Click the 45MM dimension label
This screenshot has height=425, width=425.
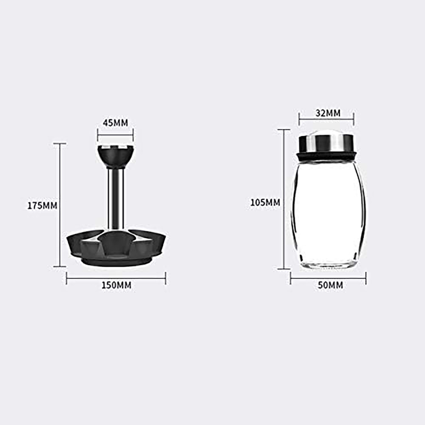pyautogui.click(x=115, y=123)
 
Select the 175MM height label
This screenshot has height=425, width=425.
pyautogui.click(x=42, y=205)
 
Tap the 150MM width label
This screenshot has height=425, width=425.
pyautogui.click(x=116, y=285)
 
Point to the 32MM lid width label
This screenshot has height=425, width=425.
pyautogui.click(x=328, y=113)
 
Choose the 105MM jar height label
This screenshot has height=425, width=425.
pyautogui.click(x=265, y=203)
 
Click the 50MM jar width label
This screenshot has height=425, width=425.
pyautogui.click(x=330, y=285)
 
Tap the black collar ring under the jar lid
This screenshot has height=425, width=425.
pyautogui.click(x=326, y=156)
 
